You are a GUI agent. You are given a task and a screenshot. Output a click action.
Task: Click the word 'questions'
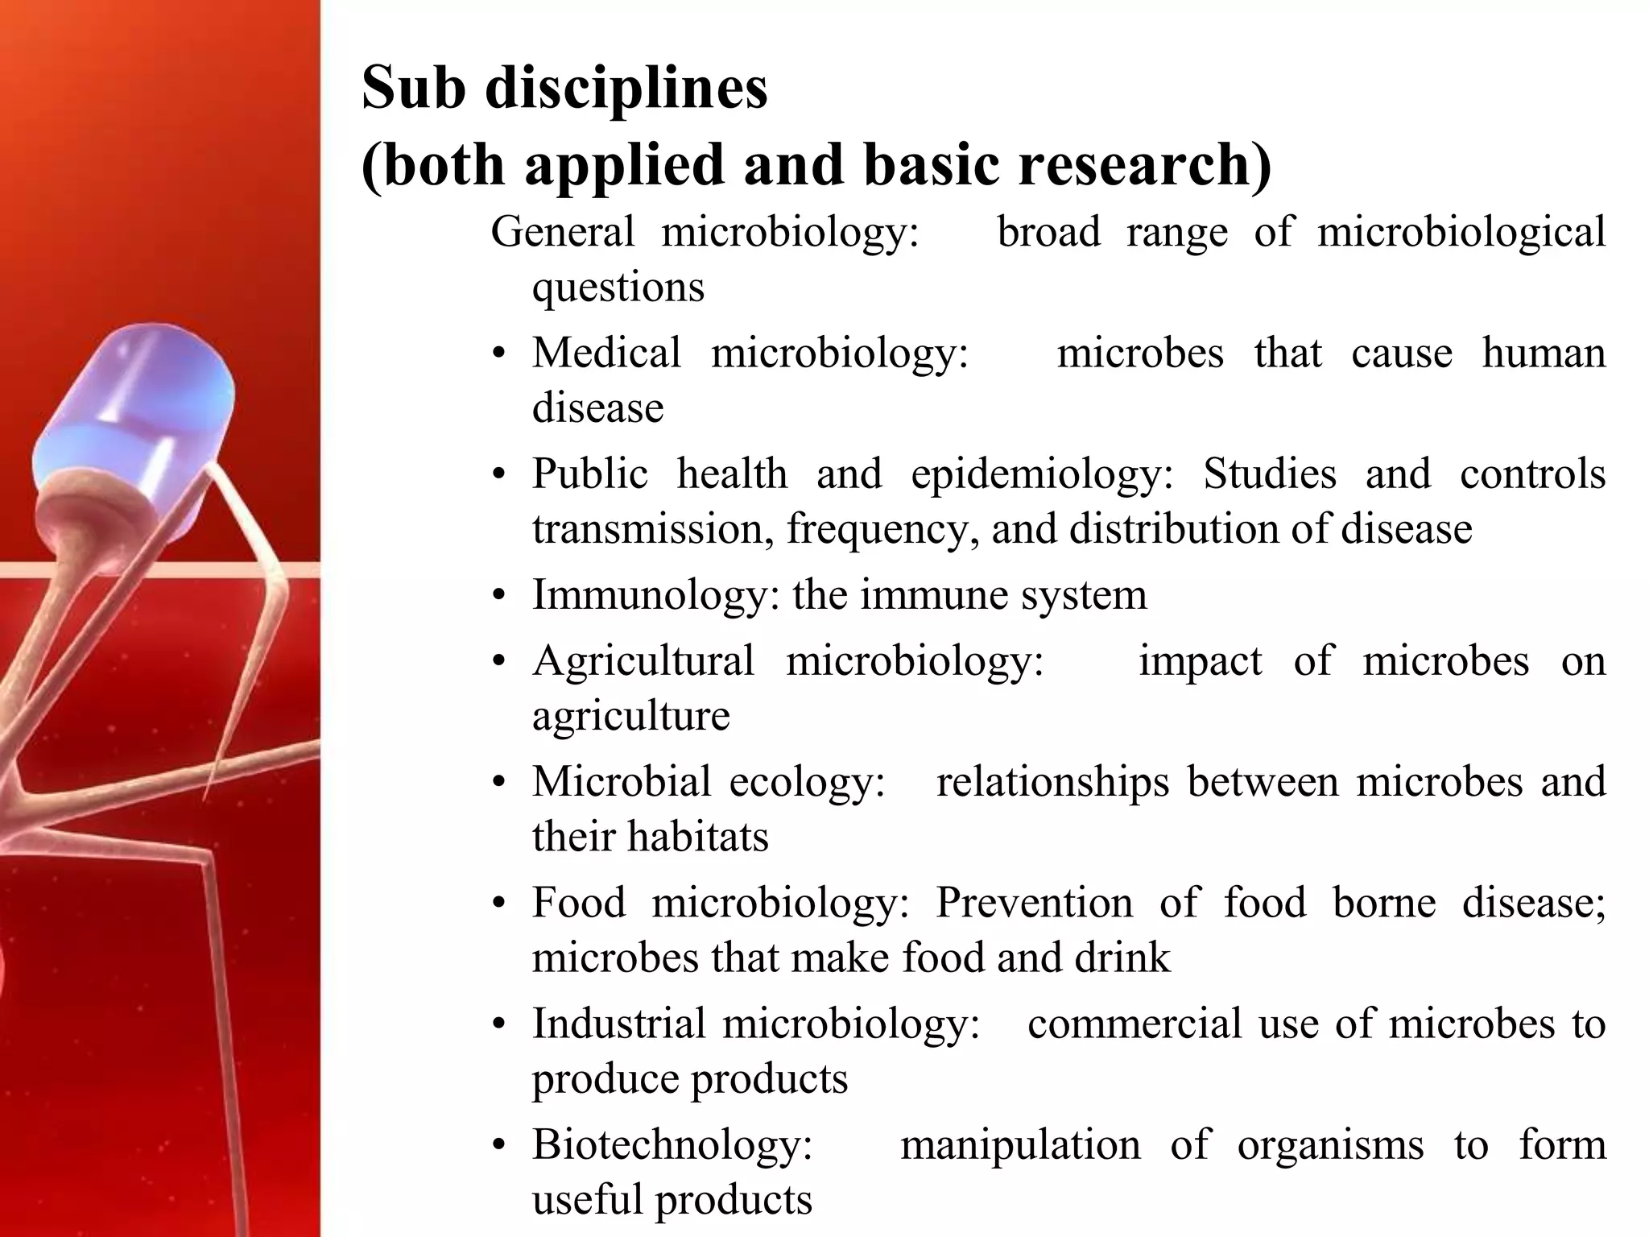[x=618, y=288]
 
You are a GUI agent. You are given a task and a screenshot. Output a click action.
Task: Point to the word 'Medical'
[x=606, y=353]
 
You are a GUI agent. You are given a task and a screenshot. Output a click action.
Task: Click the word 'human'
[x=1544, y=353]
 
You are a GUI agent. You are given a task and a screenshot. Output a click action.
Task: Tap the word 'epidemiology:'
[x=1043, y=474]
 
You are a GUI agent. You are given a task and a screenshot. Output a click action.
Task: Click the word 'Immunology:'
[x=655, y=595]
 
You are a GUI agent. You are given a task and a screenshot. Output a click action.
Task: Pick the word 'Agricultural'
[x=643, y=660]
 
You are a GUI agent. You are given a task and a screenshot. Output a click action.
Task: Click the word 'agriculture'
[x=630, y=716]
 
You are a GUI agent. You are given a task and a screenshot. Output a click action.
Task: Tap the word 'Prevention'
[x=1034, y=902]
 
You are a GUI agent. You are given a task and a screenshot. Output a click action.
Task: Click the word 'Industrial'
[x=619, y=1024]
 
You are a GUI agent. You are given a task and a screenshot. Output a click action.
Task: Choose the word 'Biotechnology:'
[x=672, y=1144]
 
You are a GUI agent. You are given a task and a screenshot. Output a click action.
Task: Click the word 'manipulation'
[x=1020, y=1144]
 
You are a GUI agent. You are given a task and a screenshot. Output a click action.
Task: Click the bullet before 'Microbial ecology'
[x=499, y=783]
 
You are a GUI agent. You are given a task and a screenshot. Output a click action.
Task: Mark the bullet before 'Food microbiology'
[x=499, y=904]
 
